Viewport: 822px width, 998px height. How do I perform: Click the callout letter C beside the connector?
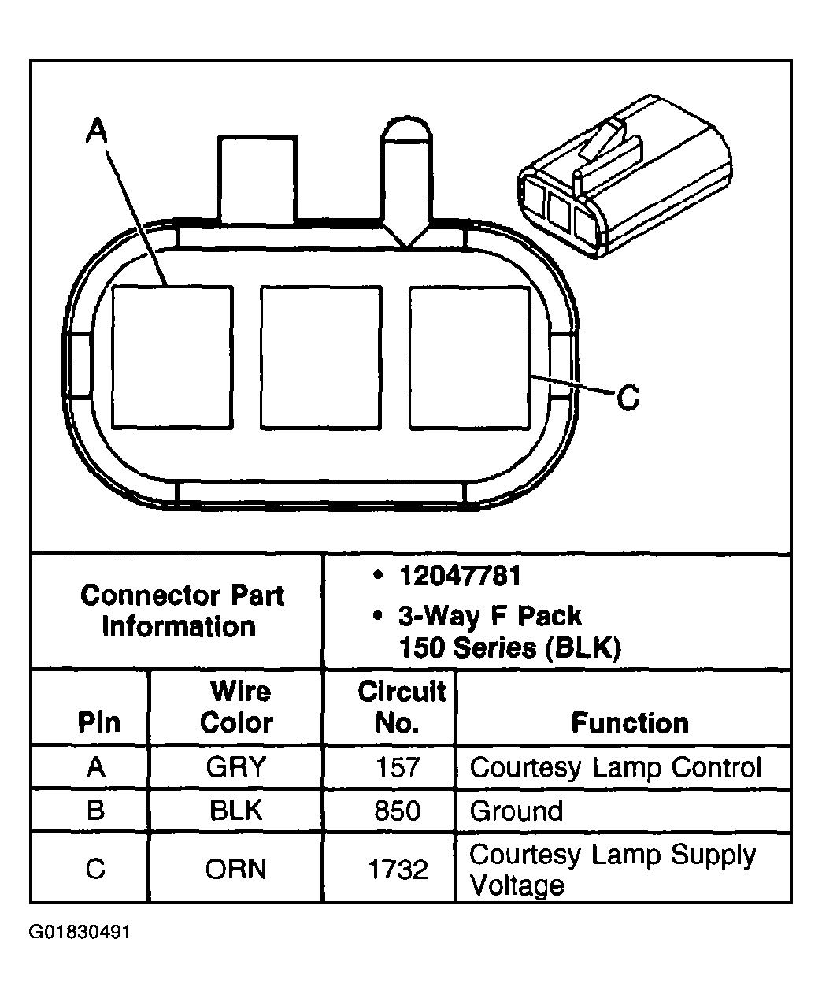[x=628, y=398]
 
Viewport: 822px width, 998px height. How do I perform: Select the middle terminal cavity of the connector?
[x=320, y=358]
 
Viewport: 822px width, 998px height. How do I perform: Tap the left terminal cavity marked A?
[x=172, y=358]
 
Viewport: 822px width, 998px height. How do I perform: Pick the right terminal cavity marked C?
[x=469, y=358]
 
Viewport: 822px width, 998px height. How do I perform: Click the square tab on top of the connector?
[x=257, y=179]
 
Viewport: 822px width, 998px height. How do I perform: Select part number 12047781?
[x=460, y=577]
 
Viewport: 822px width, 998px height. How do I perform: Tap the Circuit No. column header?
[x=401, y=707]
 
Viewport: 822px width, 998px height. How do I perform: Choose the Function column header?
[x=629, y=722]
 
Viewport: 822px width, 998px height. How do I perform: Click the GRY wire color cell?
[x=236, y=767]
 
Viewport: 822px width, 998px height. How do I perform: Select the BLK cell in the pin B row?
[x=236, y=811]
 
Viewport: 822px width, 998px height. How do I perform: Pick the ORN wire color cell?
[x=236, y=870]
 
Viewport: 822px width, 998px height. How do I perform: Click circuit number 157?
[x=398, y=767]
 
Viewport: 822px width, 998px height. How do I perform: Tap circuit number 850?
[x=398, y=811]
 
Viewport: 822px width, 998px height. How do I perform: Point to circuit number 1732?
[x=398, y=870]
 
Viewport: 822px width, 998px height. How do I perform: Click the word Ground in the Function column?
[x=517, y=811]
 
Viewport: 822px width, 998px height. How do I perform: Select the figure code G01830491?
[x=80, y=933]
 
